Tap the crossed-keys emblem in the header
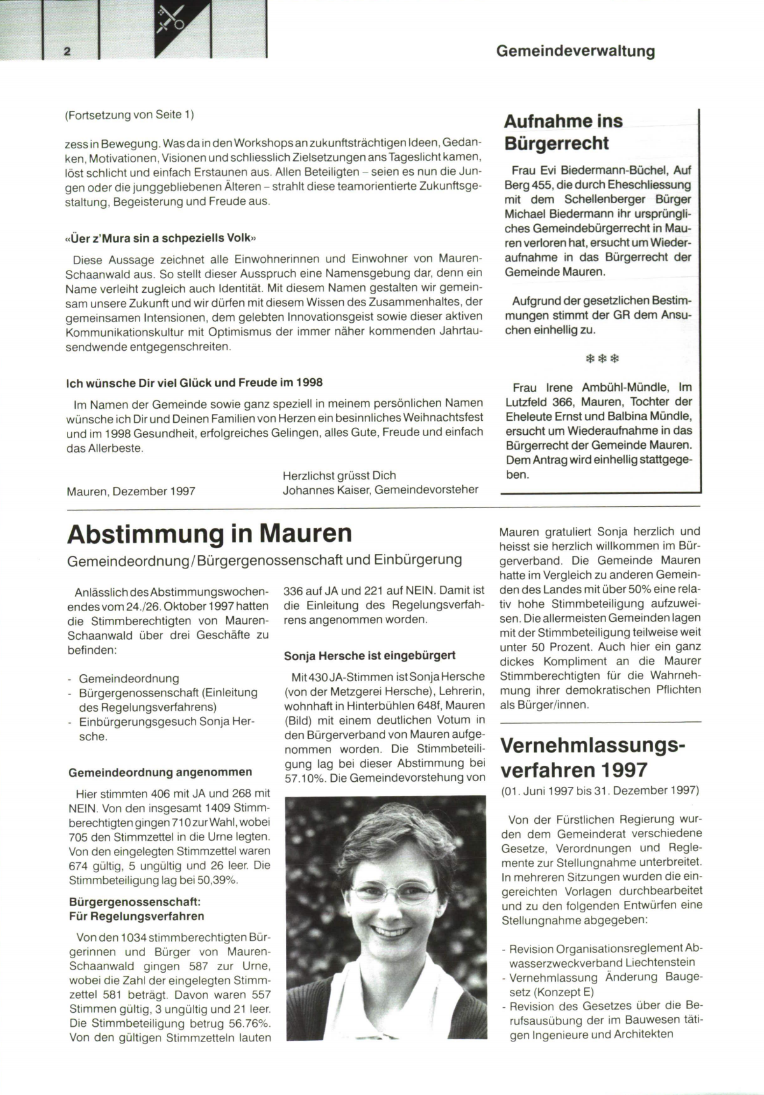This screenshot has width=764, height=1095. (171, 20)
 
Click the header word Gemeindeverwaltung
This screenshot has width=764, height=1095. (575, 51)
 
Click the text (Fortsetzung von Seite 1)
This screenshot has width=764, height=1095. (129, 115)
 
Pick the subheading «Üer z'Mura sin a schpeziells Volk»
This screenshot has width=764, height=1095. (161, 238)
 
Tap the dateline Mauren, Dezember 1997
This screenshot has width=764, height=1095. (131, 491)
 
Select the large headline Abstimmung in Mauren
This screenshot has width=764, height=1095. (209, 533)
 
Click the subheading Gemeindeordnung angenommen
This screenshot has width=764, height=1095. (160, 772)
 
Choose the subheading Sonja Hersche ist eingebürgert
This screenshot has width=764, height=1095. (370, 655)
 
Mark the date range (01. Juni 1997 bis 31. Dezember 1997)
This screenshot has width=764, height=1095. (600, 791)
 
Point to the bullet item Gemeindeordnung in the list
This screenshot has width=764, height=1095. (129, 679)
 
